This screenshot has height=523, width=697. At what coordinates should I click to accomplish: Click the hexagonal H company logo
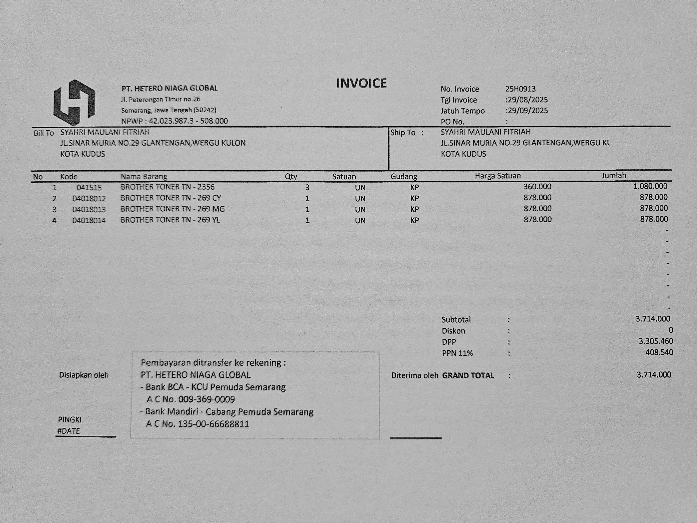[x=74, y=103]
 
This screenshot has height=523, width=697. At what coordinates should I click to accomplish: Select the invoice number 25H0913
[x=520, y=89]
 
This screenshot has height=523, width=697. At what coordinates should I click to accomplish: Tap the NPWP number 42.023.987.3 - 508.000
[x=188, y=121]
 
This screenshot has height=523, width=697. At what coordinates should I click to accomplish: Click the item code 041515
[x=89, y=188]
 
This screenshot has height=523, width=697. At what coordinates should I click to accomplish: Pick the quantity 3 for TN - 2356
[x=307, y=188]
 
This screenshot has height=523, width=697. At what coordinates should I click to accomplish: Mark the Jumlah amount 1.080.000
[x=650, y=186]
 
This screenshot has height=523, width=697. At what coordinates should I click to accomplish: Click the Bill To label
[x=44, y=133]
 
